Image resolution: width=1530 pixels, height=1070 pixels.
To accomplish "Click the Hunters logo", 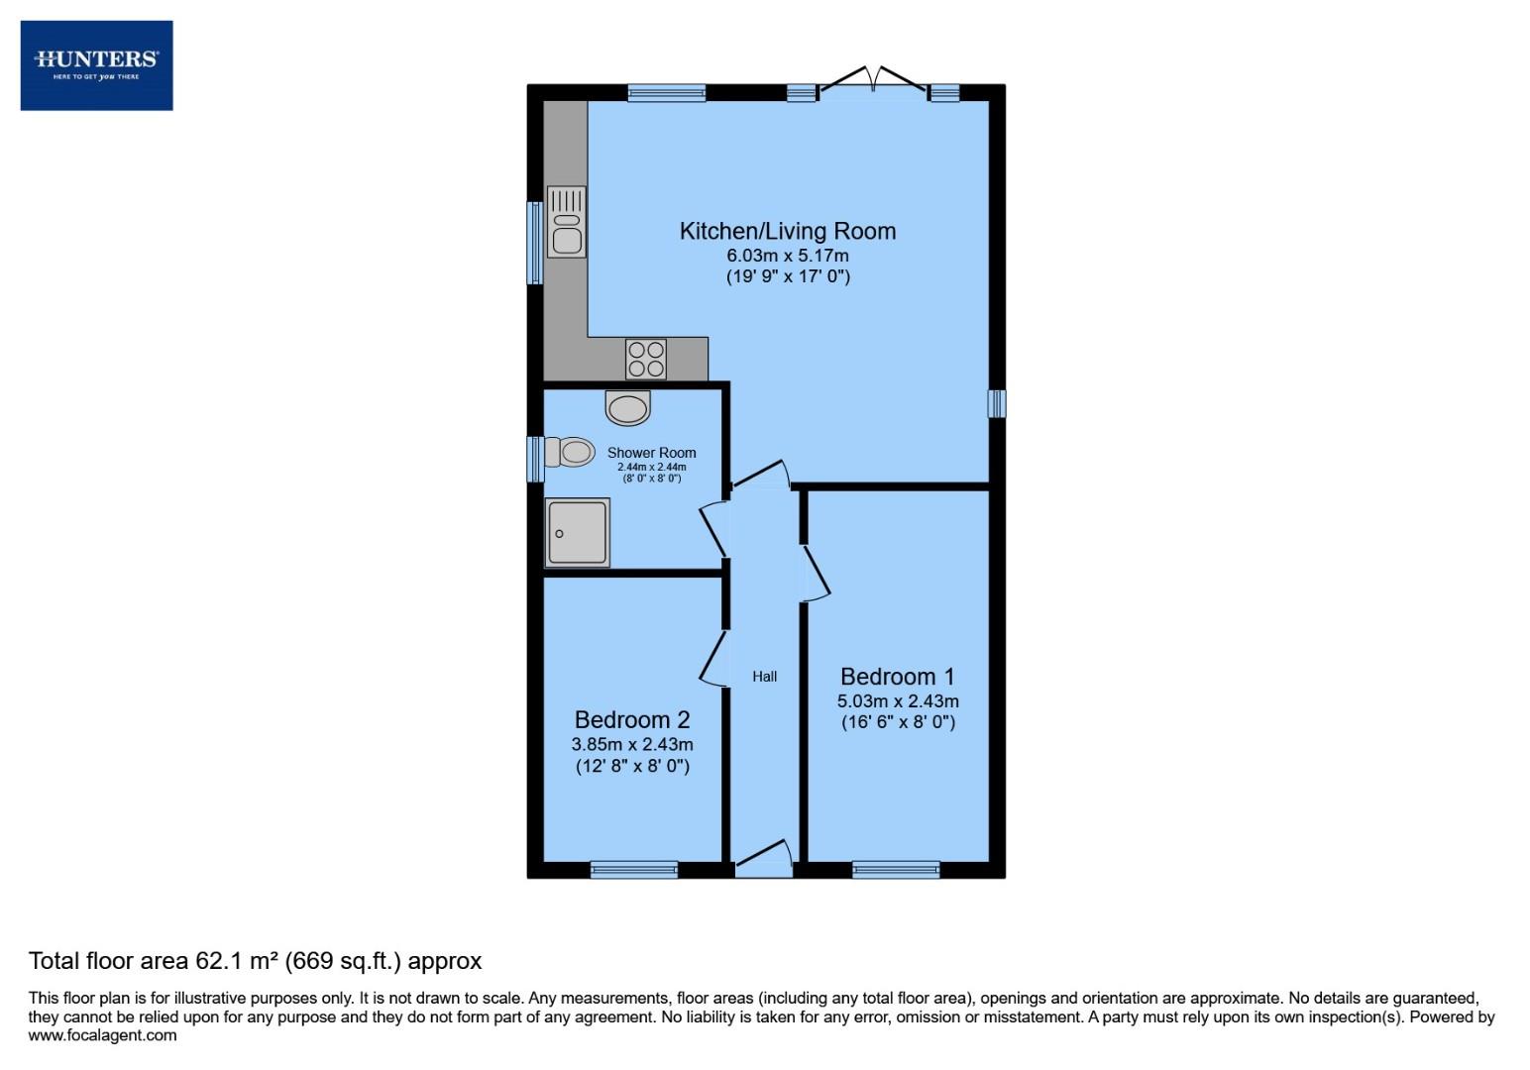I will point(96,65).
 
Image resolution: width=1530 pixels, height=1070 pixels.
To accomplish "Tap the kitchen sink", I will point(566,222).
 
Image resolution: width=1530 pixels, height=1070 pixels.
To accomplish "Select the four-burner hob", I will point(646,359).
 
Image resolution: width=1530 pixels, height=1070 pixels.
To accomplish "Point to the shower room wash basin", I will point(628,406).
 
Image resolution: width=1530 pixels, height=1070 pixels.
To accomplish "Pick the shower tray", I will point(577,533).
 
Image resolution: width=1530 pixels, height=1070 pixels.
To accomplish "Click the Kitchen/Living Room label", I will point(787,231).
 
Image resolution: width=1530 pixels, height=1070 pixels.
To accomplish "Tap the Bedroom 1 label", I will point(897,677).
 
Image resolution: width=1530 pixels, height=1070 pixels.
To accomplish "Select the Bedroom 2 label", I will point(632,719).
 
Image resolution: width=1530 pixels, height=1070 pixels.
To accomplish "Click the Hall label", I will point(764,677).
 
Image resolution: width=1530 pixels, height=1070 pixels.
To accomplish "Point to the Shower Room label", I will point(651,453).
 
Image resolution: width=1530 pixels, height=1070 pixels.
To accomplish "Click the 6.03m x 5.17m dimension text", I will point(787,256).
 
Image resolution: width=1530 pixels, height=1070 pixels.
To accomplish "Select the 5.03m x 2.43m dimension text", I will point(897,701).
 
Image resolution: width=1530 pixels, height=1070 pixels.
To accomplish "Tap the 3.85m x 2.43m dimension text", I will point(632,744).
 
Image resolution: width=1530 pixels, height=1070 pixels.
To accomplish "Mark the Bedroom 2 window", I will point(634,870).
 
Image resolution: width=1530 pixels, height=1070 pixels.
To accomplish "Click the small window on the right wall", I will point(997,403).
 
